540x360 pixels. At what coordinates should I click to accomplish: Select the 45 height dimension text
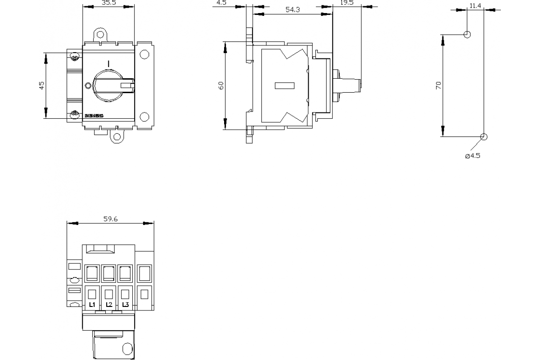click(x=41, y=85)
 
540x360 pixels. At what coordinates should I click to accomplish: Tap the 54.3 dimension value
click(x=292, y=9)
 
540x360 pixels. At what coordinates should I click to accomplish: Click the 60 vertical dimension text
click(x=221, y=85)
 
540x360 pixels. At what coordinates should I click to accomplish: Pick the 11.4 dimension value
click(x=475, y=5)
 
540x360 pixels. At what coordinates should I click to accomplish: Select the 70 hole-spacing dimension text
click(x=438, y=85)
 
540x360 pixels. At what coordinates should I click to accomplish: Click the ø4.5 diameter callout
click(x=472, y=156)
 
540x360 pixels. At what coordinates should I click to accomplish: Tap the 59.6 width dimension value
click(x=110, y=219)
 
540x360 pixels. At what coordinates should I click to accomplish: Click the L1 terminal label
click(x=92, y=305)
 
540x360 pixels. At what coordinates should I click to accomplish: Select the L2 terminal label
click(x=109, y=305)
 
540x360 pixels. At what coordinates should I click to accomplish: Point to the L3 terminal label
click(x=126, y=305)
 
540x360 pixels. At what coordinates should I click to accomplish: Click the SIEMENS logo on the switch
click(x=94, y=116)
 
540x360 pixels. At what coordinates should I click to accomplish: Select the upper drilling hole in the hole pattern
click(x=467, y=34)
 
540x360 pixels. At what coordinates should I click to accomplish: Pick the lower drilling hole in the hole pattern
click(x=484, y=137)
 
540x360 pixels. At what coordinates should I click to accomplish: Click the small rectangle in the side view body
click(x=284, y=85)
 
